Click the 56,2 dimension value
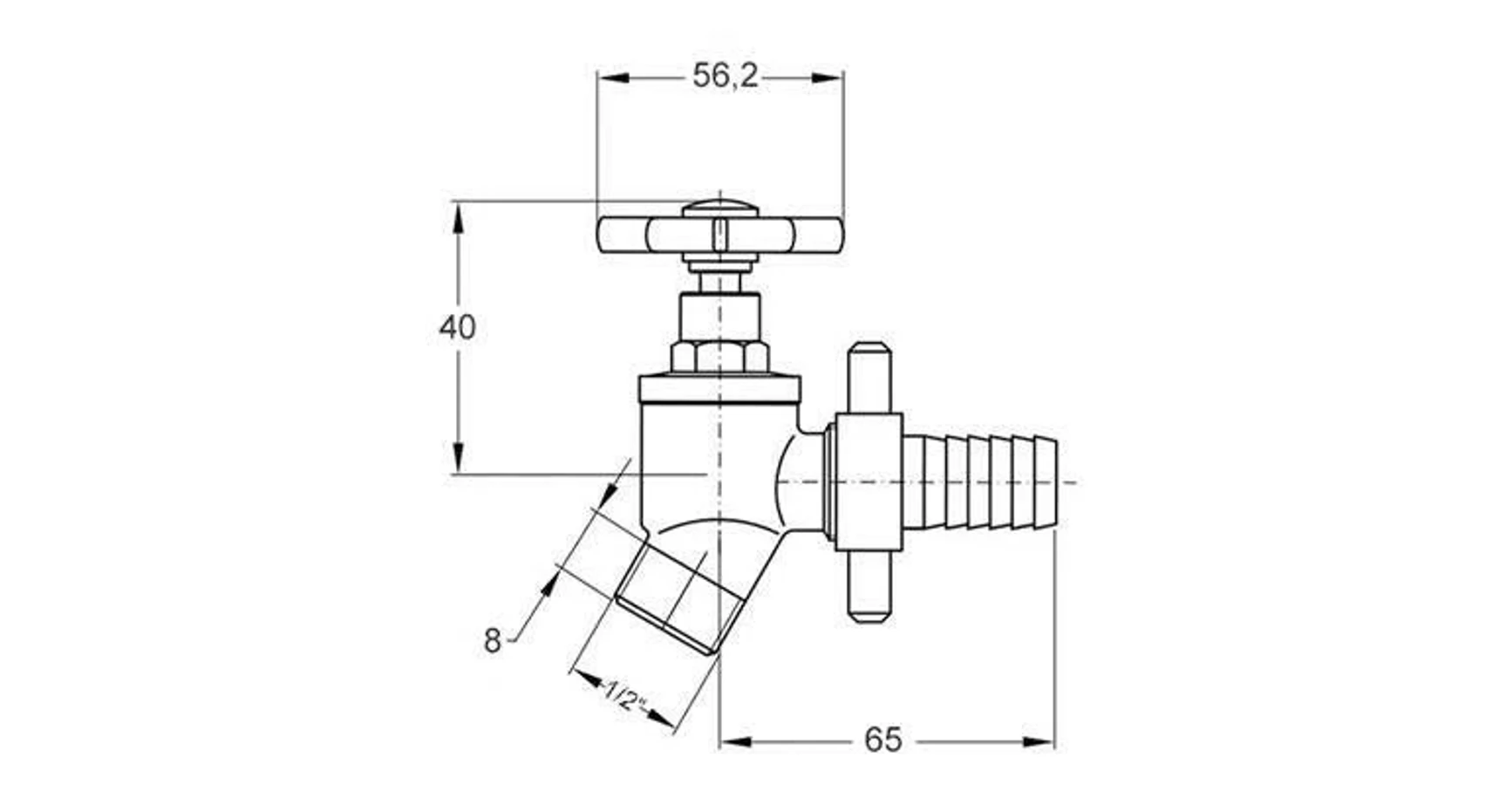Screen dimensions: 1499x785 click(x=726, y=76)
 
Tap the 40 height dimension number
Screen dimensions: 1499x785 click(x=457, y=328)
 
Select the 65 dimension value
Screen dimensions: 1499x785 click(x=882, y=741)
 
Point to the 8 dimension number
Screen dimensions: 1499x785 click(x=493, y=641)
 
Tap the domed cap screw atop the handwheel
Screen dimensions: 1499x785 click(x=720, y=208)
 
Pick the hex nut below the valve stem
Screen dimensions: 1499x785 click(x=720, y=357)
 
